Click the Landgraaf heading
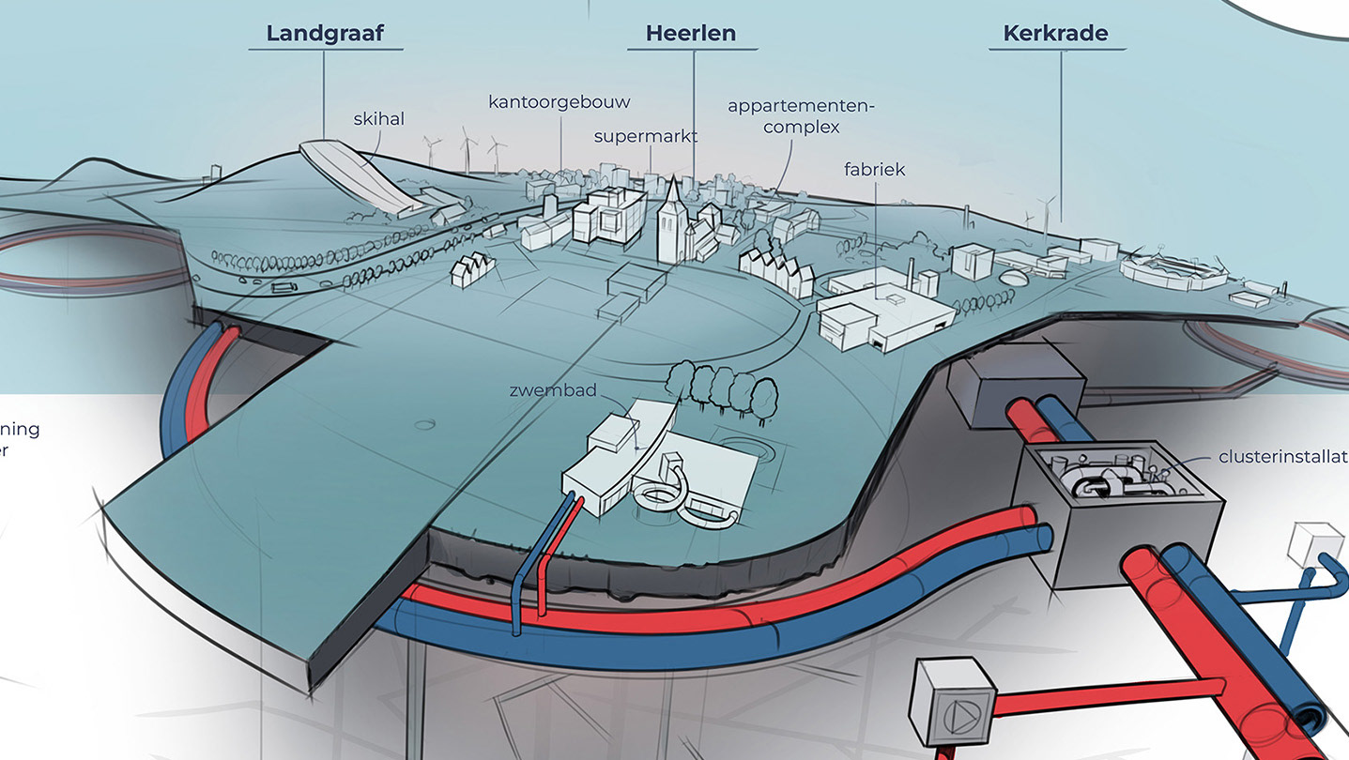[x=324, y=34]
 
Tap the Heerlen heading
[x=690, y=34]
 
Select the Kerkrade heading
[x=1055, y=34]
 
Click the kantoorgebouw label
[x=560, y=101]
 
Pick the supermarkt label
[x=646, y=136]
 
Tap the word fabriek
[x=874, y=170]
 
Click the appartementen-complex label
[x=800, y=115]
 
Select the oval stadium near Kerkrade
[x=1168, y=271]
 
